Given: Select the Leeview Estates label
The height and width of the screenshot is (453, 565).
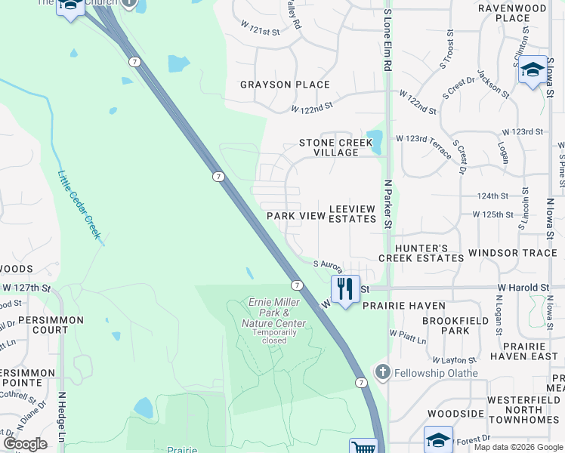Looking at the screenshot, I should coord(353,213).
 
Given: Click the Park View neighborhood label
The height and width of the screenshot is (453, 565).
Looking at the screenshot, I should coord(296,216).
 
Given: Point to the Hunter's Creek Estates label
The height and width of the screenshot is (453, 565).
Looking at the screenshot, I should coord(419,253).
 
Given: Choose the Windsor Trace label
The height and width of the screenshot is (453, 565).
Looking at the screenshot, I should coord(512,253).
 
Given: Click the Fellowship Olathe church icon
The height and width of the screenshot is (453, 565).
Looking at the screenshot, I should coord(383,372).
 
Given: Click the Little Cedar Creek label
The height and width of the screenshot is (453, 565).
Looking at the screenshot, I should coord(79,205).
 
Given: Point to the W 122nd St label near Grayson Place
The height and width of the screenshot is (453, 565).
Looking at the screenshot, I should coord(312,109).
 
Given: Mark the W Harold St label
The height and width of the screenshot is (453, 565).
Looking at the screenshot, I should coord(523,288).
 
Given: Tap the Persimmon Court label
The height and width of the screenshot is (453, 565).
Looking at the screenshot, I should coord(42,325).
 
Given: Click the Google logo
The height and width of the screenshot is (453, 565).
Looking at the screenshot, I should coord(24,444).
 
